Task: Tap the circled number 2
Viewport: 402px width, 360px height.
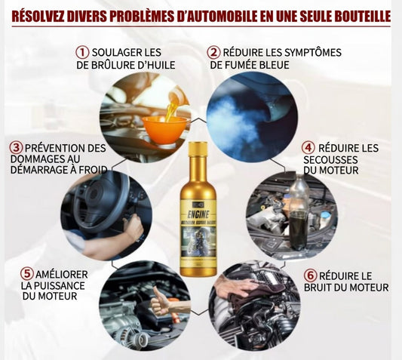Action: point(214,52)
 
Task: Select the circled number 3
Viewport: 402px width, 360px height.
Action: point(15,148)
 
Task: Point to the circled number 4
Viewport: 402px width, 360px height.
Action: point(308,147)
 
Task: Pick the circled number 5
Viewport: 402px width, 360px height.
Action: point(27,272)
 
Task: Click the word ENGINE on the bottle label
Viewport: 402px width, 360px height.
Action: point(198,214)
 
